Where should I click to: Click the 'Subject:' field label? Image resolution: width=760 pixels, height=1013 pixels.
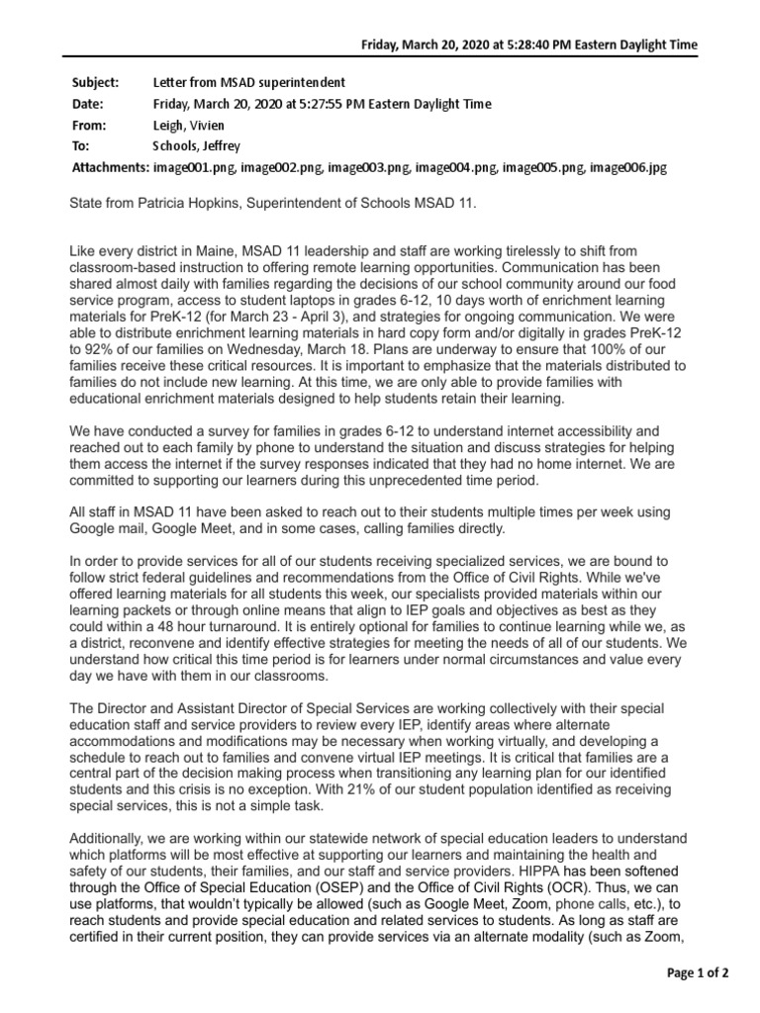96,82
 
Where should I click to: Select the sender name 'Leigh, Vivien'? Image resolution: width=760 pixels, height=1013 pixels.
187,126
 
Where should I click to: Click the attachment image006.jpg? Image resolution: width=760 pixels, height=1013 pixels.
628,168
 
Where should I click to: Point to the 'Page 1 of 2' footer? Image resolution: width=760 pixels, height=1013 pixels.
697,973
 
